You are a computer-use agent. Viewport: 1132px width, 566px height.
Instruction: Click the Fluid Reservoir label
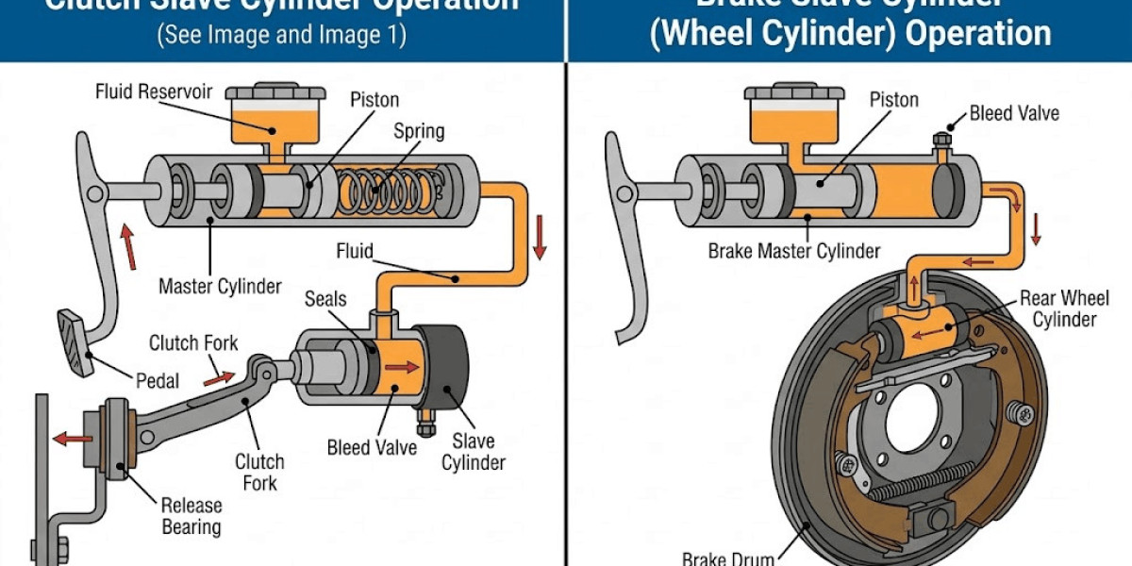[x=154, y=92]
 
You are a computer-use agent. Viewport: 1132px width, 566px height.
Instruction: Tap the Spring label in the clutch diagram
[x=418, y=130]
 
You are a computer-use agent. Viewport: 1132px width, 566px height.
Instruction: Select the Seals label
[x=325, y=299]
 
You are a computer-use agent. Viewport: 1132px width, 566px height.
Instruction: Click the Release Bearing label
[x=191, y=515]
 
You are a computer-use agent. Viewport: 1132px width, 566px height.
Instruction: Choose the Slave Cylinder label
[x=478, y=451]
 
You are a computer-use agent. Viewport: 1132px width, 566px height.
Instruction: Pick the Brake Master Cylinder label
[x=794, y=251]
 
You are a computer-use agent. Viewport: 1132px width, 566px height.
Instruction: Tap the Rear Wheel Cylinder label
[x=1064, y=309]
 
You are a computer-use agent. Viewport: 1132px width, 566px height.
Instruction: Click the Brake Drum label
[x=727, y=558]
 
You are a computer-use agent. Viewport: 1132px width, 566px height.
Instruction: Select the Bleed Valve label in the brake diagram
[x=1014, y=113]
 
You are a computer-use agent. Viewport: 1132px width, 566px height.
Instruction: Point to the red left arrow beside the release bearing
[x=72, y=438]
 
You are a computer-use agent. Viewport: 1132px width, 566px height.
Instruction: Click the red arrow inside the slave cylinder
[x=403, y=366]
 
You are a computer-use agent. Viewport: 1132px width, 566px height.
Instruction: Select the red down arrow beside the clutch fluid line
[x=540, y=237]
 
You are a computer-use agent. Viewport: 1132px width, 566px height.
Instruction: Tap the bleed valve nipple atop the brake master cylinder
[x=941, y=142]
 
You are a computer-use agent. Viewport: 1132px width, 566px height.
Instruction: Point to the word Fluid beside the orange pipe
[x=355, y=252]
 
